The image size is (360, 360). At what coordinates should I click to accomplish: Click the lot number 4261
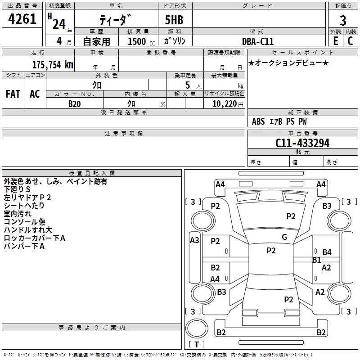point(22,19)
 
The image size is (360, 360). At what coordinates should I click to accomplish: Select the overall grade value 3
point(343,20)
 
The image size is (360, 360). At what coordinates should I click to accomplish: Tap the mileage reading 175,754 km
point(53,65)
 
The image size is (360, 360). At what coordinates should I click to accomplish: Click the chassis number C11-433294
point(302,143)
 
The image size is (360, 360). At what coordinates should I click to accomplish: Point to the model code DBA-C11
point(257,41)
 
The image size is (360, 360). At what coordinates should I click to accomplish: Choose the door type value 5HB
point(174,20)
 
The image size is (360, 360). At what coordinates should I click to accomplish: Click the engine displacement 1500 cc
point(141,41)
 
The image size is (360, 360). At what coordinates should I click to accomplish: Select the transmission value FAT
point(13,94)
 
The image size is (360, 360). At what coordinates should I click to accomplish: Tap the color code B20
point(75,104)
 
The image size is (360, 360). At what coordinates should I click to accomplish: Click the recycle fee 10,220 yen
point(228,104)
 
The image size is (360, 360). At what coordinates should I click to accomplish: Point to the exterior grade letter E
point(335,41)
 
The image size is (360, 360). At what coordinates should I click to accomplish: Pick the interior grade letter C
point(350,41)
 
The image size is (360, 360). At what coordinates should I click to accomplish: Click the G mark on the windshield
point(284,237)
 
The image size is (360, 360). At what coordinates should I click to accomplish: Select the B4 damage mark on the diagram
point(327,252)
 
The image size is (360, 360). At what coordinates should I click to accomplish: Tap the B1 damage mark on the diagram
point(317,260)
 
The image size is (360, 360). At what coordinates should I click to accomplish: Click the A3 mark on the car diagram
point(194,240)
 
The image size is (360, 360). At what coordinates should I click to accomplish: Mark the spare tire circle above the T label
point(197,328)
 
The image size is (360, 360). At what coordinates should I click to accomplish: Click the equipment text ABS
point(258,121)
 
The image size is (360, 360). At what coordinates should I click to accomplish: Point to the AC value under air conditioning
point(35,94)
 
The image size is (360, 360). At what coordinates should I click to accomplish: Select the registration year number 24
point(59,24)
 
